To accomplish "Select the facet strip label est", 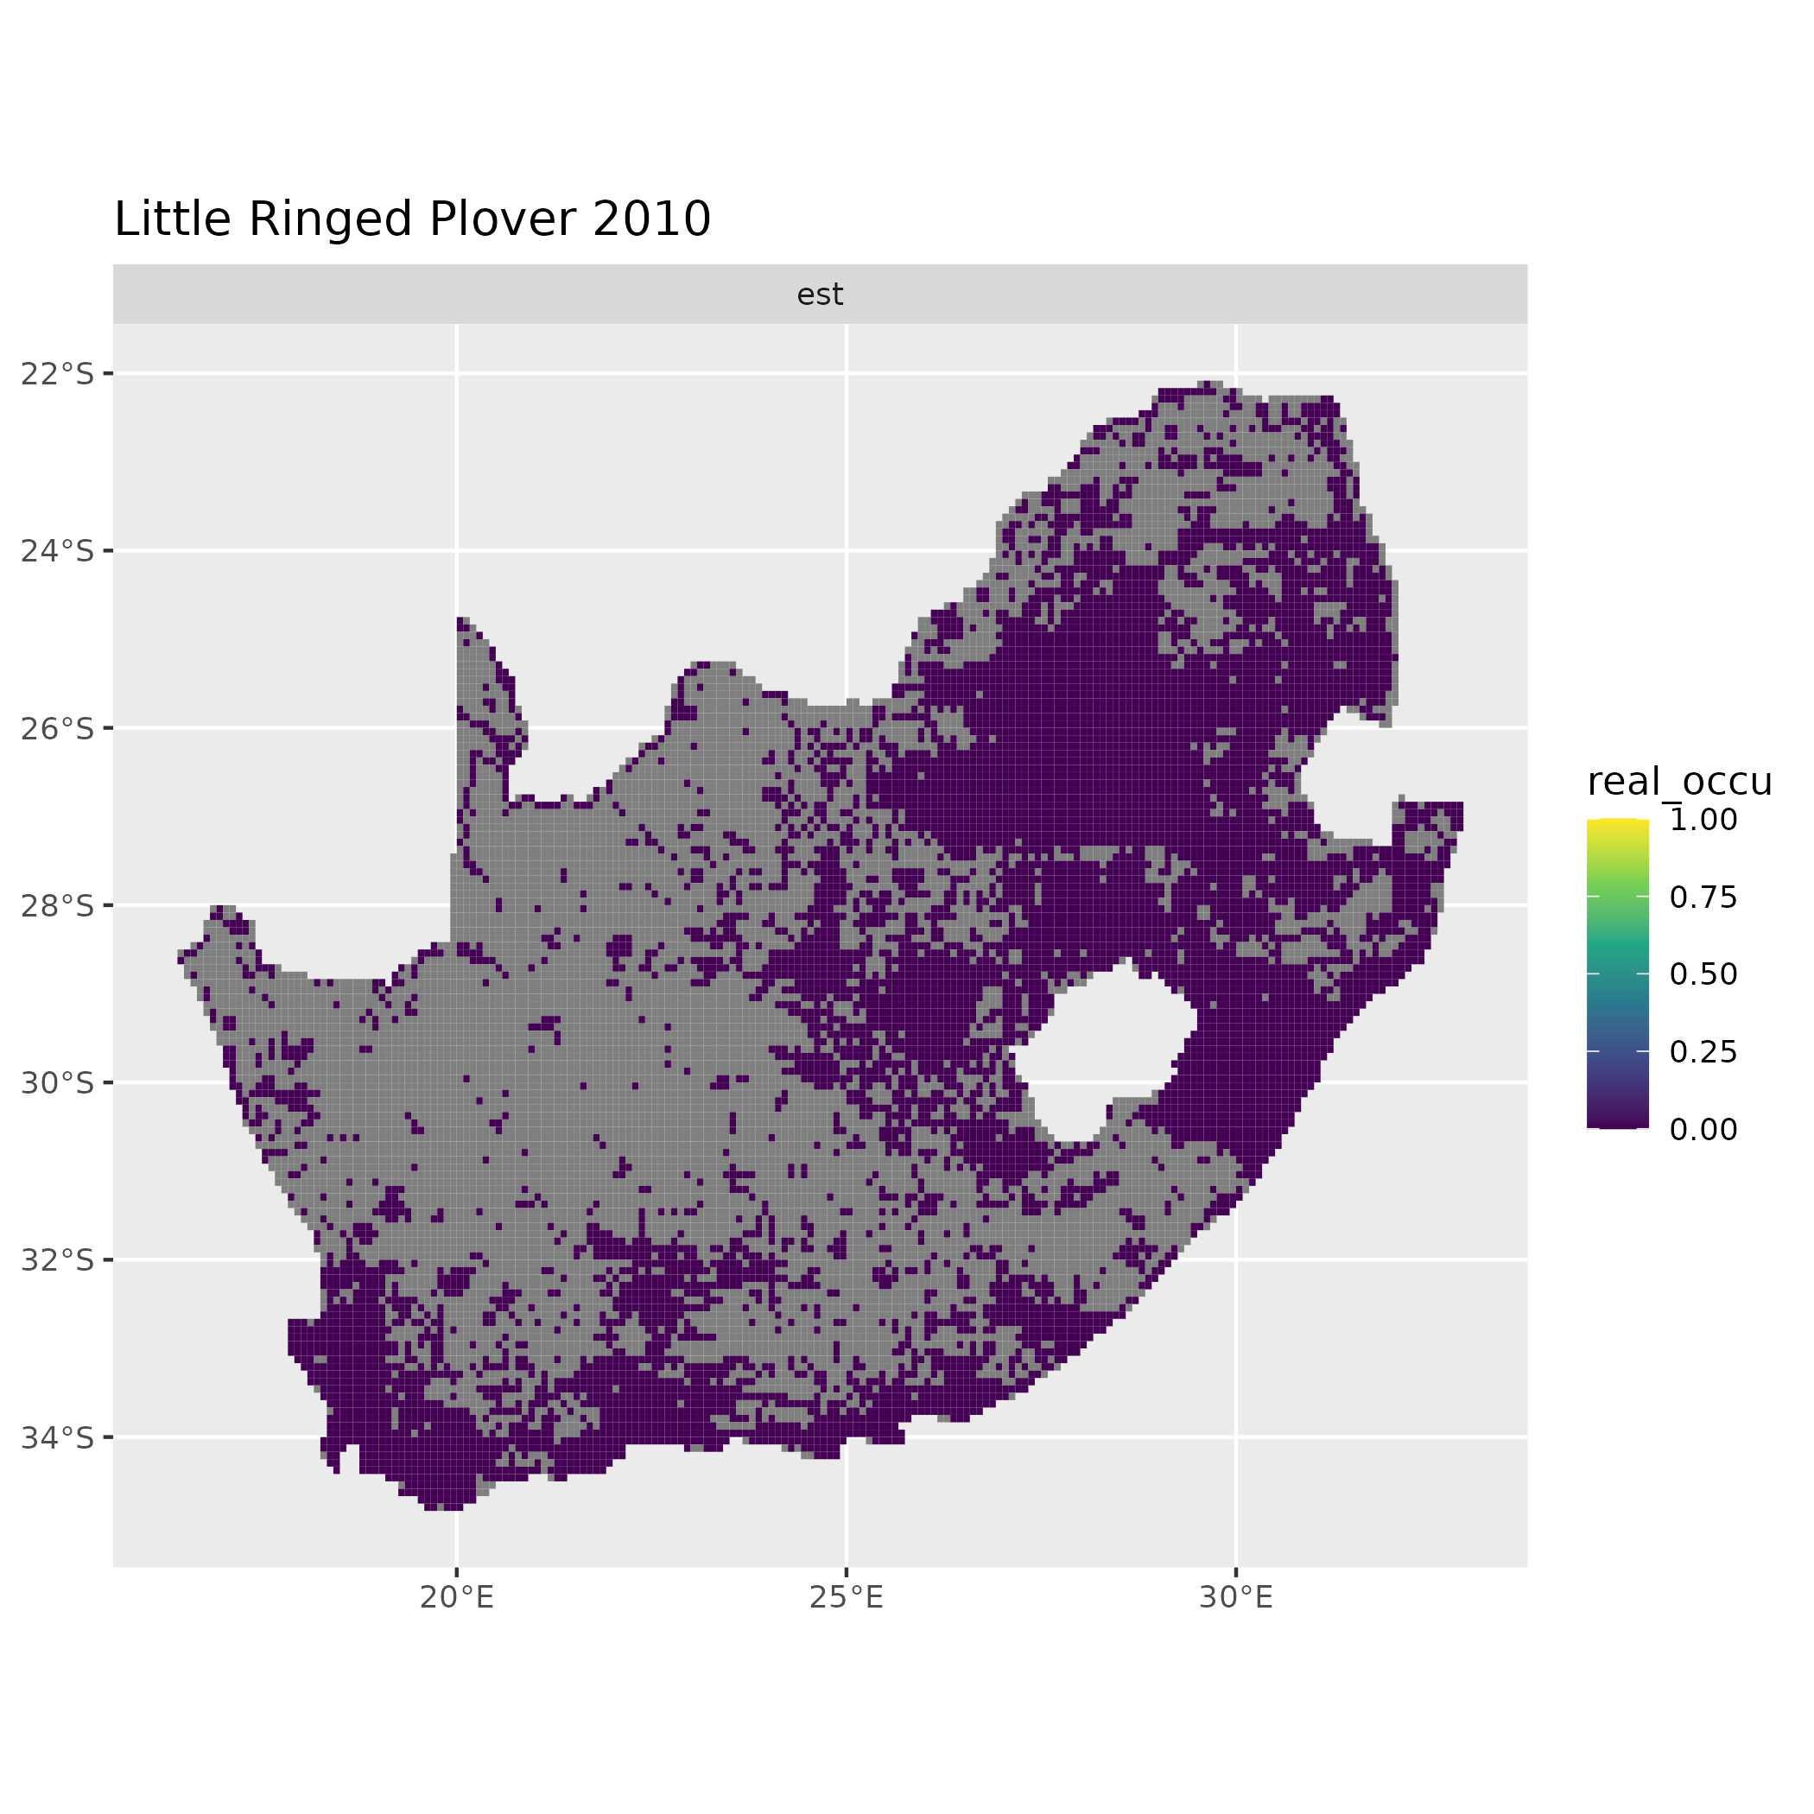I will [x=820, y=295].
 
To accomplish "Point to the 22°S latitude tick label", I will [x=58, y=374].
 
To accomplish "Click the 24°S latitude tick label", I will [x=58, y=551].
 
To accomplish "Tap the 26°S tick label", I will [x=58, y=728].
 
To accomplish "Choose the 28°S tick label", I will [x=58, y=906].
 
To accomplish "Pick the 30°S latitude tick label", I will [x=58, y=1082].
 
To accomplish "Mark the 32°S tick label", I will [x=58, y=1260].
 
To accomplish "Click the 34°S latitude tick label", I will [x=58, y=1437].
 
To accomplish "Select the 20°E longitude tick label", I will [x=456, y=1597].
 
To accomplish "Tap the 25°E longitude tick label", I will [x=846, y=1597].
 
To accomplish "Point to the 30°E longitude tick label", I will [x=1235, y=1597].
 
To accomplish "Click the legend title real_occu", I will [x=1678, y=781].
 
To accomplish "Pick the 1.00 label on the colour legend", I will [x=1703, y=820].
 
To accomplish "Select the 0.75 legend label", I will [x=1703, y=897].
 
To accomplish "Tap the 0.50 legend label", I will [x=1703, y=974].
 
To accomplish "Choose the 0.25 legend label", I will [x=1703, y=1051].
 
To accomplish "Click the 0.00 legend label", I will [x=1703, y=1130].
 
